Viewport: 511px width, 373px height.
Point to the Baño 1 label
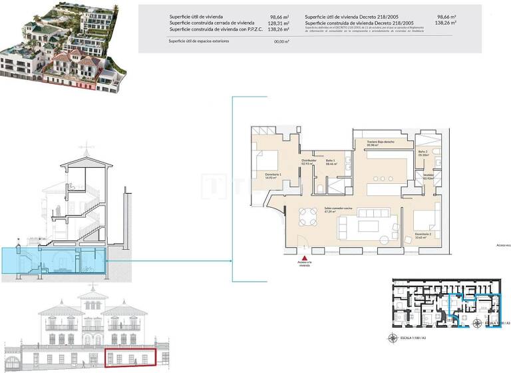(331, 162)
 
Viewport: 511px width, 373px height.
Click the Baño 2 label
(423, 152)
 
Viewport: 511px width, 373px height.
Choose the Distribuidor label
(308, 161)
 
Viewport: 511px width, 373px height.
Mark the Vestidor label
(428, 177)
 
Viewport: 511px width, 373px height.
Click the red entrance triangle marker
(305, 258)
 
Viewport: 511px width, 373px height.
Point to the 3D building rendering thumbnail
(63, 47)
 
